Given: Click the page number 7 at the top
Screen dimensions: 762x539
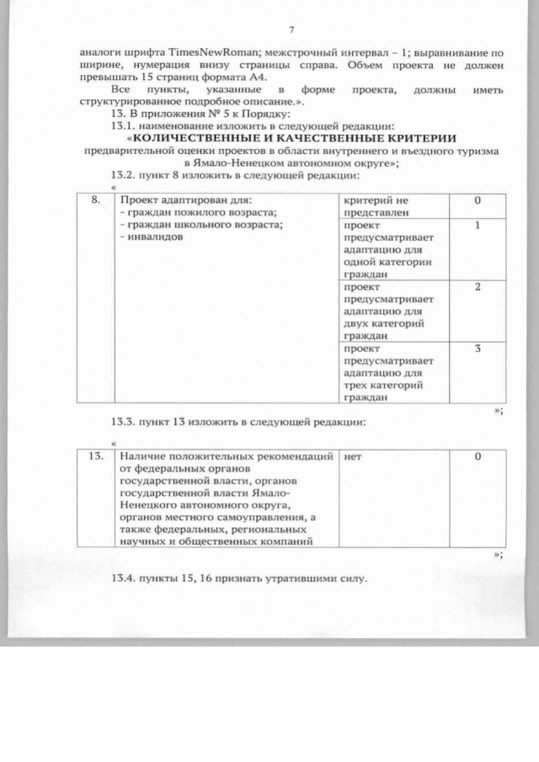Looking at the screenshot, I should [x=291, y=30].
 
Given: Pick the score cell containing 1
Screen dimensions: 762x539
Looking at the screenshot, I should [x=477, y=226].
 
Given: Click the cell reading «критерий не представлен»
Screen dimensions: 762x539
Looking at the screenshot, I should [x=376, y=207].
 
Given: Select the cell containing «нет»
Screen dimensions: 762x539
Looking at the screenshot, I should [x=353, y=457].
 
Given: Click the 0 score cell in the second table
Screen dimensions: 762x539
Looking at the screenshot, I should [x=477, y=457].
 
